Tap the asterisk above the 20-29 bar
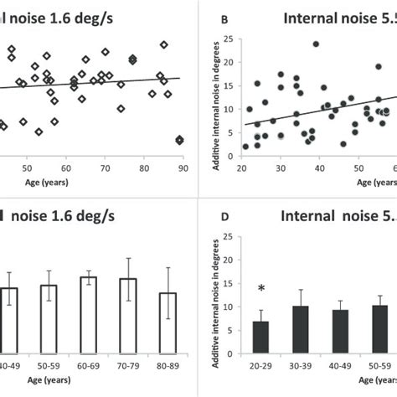tap(262, 289)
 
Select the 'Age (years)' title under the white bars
tap(109, 389)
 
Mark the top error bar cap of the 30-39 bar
tap(302, 290)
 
